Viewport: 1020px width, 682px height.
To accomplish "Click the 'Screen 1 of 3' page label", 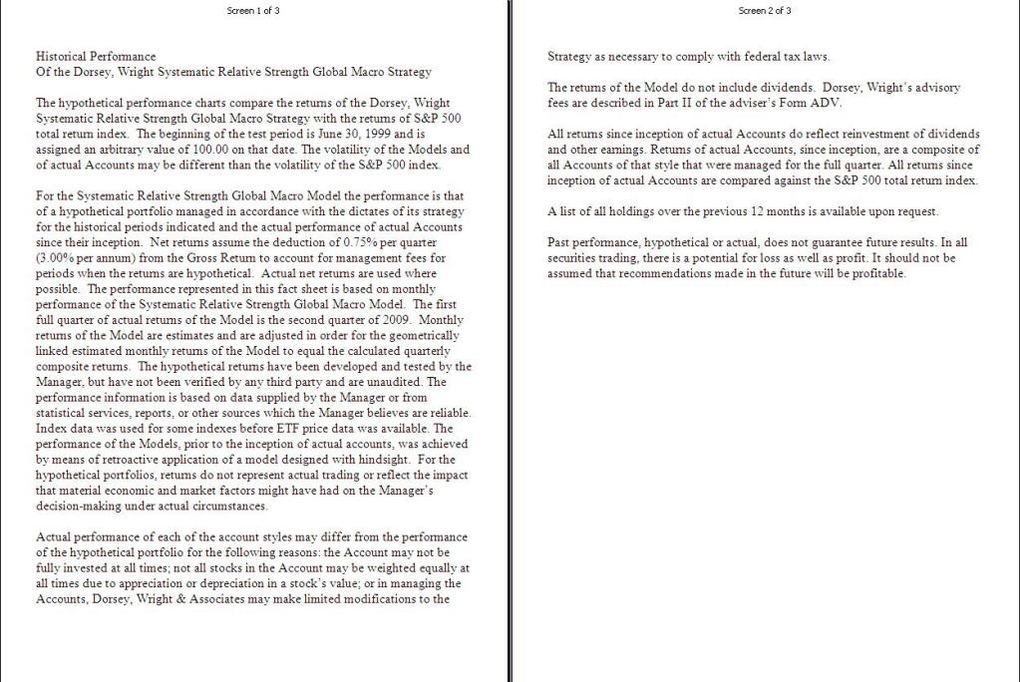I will (254, 11).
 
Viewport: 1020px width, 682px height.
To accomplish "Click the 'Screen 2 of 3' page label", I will (766, 11).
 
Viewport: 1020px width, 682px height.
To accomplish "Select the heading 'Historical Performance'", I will (96, 57).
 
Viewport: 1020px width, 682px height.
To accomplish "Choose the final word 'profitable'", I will (875, 273).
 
